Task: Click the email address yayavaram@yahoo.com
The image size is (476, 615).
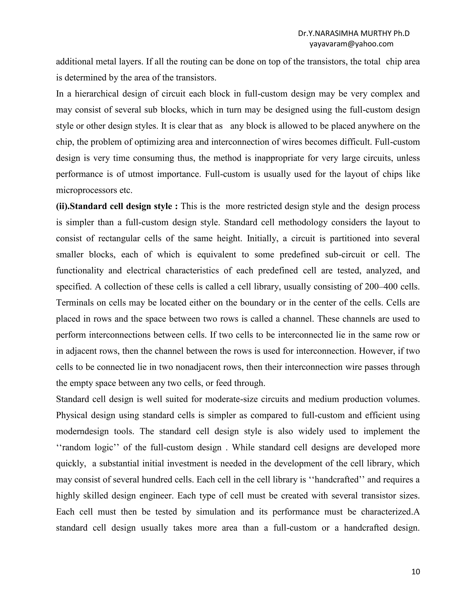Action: click(x=351, y=44)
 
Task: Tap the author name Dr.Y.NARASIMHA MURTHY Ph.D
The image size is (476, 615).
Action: click(x=354, y=33)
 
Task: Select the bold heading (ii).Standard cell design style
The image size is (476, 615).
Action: click(x=117, y=206)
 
